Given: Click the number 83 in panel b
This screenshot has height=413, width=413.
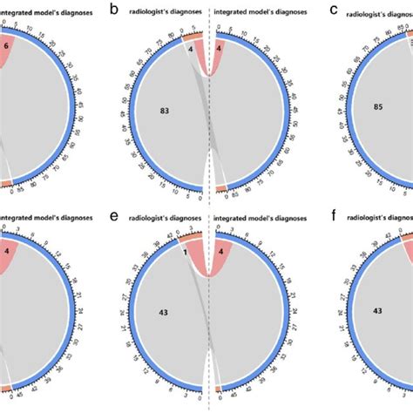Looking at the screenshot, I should pyautogui.click(x=165, y=111).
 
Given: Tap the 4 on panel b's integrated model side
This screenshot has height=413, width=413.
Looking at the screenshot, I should pyautogui.click(x=219, y=49).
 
